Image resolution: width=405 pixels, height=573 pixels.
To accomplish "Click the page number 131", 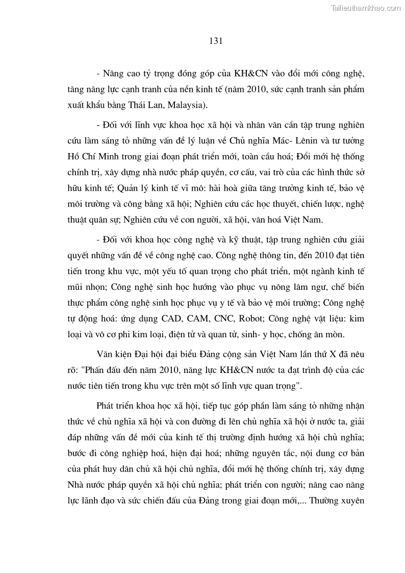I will point(215,41).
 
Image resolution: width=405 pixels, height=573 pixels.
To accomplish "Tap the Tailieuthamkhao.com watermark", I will point(366,7).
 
